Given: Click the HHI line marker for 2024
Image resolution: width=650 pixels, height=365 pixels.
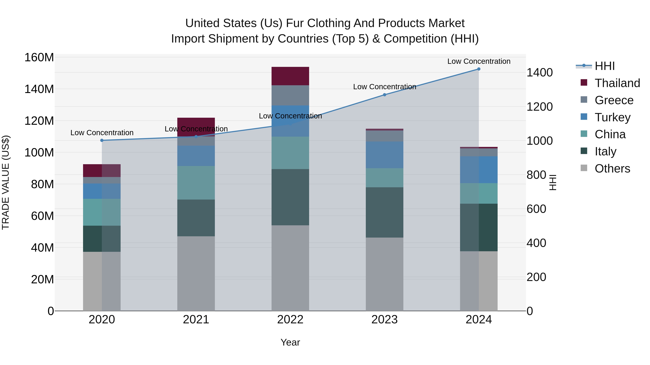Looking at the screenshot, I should (x=479, y=69).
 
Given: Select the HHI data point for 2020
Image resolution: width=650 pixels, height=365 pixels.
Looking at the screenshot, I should (x=102, y=140).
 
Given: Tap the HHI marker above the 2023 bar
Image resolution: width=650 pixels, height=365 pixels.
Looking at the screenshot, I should (x=385, y=95).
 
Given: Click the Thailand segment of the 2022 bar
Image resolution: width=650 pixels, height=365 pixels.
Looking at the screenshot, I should (x=290, y=76).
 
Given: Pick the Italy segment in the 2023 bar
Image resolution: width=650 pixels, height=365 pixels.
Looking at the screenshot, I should (x=385, y=212).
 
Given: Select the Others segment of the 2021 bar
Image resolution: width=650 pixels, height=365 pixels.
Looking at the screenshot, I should (x=196, y=273).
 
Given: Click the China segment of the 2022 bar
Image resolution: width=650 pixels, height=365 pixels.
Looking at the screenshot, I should (x=290, y=153).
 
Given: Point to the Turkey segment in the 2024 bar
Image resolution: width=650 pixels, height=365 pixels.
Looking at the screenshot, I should (x=479, y=170).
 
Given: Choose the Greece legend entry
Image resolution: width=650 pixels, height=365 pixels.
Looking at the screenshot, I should (x=614, y=100).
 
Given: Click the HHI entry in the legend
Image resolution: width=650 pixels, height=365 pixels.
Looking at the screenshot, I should (x=604, y=66).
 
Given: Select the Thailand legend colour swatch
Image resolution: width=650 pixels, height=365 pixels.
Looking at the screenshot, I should (x=584, y=83).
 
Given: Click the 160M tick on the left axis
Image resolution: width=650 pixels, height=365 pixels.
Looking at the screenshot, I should (x=39, y=57).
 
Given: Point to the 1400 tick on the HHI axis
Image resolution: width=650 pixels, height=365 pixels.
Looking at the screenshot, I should (x=539, y=72).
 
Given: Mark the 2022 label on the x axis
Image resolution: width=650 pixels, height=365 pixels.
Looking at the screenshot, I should (x=290, y=320).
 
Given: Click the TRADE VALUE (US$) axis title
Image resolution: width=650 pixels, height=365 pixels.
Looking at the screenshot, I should (x=6, y=182).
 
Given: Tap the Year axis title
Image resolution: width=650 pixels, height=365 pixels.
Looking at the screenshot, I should (x=290, y=342).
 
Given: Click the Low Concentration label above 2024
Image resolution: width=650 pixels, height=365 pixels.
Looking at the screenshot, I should (x=479, y=61).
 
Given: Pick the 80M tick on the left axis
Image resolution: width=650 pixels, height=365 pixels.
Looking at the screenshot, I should (x=42, y=184).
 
